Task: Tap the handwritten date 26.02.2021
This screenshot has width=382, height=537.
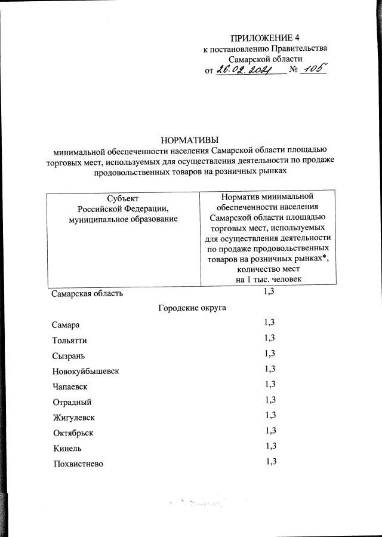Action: pyautogui.click(x=244, y=70)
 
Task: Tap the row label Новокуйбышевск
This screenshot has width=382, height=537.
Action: pyautogui.click(x=85, y=371)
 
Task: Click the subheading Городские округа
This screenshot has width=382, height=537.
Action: pyautogui.click(x=192, y=308)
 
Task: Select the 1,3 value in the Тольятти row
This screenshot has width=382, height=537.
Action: pyautogui.click(x=269, y=338)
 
